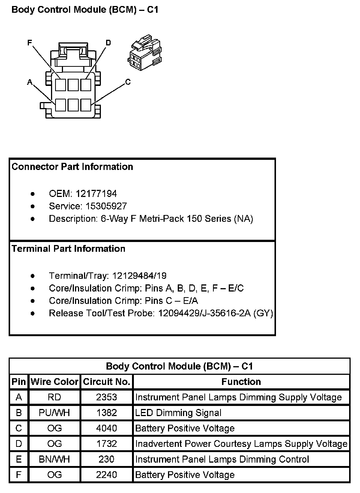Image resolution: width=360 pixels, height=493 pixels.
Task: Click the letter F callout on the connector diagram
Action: tap(30, 43)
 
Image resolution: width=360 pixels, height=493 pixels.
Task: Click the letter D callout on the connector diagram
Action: tap(108, 43)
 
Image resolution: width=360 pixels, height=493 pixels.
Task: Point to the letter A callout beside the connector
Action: tap(30, 82)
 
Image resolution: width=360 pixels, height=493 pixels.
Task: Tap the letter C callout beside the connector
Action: tap(128, 82)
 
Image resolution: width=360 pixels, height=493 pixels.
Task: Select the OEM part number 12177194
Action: tap(96, 194)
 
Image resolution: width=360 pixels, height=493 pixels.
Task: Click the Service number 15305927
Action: tap(106, 206)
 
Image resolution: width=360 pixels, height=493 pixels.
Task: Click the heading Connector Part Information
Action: tap(72, 167)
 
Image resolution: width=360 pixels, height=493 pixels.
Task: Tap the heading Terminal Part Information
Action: tap(69, 249)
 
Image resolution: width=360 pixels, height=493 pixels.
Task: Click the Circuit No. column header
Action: tap(106, 382)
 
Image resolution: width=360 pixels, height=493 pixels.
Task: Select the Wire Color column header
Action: tap(55, 382)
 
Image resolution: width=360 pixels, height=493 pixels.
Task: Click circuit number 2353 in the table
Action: tap(106, 397)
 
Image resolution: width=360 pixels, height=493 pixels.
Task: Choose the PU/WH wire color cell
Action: tap(55, 413)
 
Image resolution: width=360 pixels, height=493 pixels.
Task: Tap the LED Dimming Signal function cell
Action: tap(178, 413)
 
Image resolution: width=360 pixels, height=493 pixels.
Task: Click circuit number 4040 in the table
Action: tap(106, 428)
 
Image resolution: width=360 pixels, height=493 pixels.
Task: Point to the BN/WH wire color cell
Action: tap(55, 459)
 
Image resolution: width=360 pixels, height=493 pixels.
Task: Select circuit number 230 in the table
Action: tap(106, 459)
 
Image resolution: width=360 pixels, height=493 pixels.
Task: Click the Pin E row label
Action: tap(19, 459)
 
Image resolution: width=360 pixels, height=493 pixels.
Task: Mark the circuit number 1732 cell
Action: tap(106, 444)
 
